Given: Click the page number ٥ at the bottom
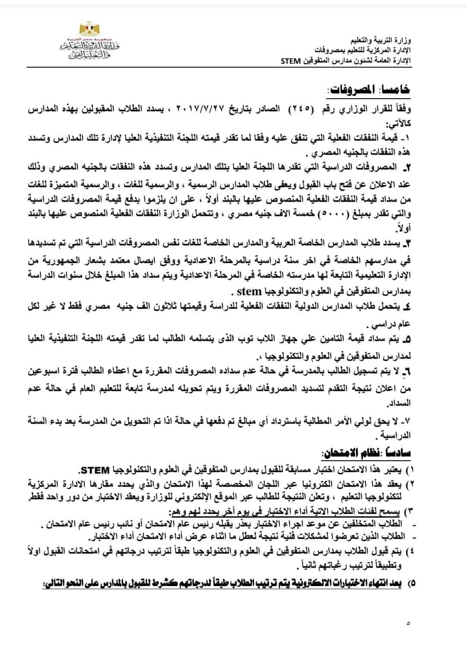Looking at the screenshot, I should pos(408,623).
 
